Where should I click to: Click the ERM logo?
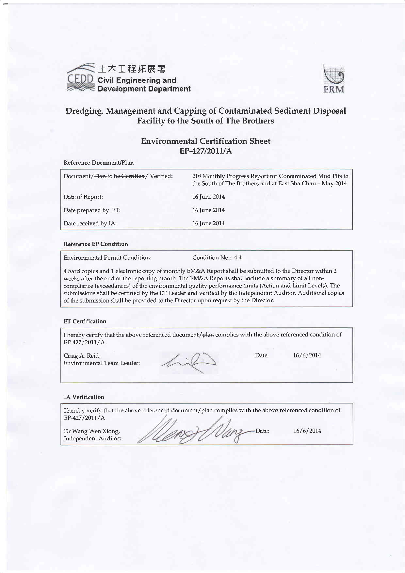tap(333, 79)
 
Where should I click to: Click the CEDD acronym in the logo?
tap(80, 79)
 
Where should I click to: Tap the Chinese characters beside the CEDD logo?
tap(132, 69)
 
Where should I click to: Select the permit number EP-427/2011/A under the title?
tap(206, 151)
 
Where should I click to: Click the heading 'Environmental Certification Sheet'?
tap(206, 141)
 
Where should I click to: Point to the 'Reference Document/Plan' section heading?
tap(99, 163)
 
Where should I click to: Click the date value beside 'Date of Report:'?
tap(208, 197)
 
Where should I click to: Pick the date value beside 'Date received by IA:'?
tap(208, 223)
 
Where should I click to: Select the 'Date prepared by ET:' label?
tap(92, 210)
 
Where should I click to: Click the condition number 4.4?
tap(238, 257)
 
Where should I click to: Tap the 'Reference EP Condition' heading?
tap(96, 244)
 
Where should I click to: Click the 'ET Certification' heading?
tap(85, 321)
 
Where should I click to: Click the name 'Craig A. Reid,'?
tap(82, 356)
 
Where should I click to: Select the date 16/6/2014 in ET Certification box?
tap(307, 355)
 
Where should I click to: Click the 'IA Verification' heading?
tap(84, 397)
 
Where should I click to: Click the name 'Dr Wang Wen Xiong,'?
tap(92, 431)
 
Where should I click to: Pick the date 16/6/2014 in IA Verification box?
tap(307, 431)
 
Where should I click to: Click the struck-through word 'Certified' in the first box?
tap(133, 176)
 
